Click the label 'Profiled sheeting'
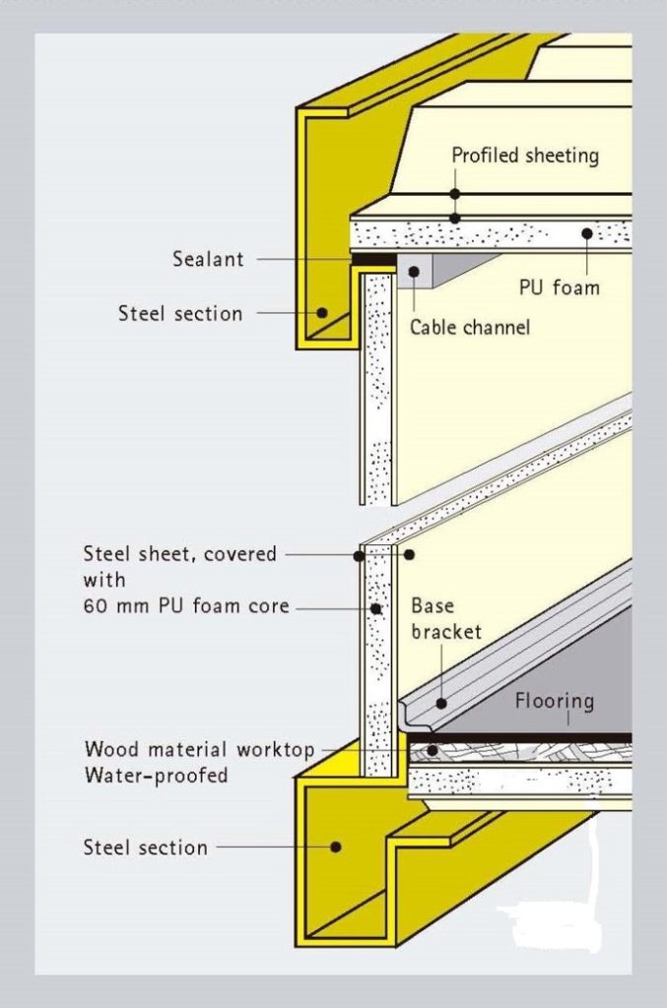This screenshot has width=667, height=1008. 524,156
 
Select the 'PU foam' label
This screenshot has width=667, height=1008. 560,288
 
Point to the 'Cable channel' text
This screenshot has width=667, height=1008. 469,327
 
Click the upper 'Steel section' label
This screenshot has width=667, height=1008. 180,314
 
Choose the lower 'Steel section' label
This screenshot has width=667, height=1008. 145,848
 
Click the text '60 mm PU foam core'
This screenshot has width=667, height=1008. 186,605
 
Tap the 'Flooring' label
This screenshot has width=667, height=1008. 554,701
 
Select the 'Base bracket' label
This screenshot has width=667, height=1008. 445,617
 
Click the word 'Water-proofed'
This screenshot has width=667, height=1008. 156,775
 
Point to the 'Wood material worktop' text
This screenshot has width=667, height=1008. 199,750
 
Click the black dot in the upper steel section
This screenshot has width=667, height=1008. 322,313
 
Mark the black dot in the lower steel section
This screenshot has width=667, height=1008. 336,846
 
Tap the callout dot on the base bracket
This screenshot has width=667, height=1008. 441,702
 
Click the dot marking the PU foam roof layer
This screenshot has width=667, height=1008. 586,233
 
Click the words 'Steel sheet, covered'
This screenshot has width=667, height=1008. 180,554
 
